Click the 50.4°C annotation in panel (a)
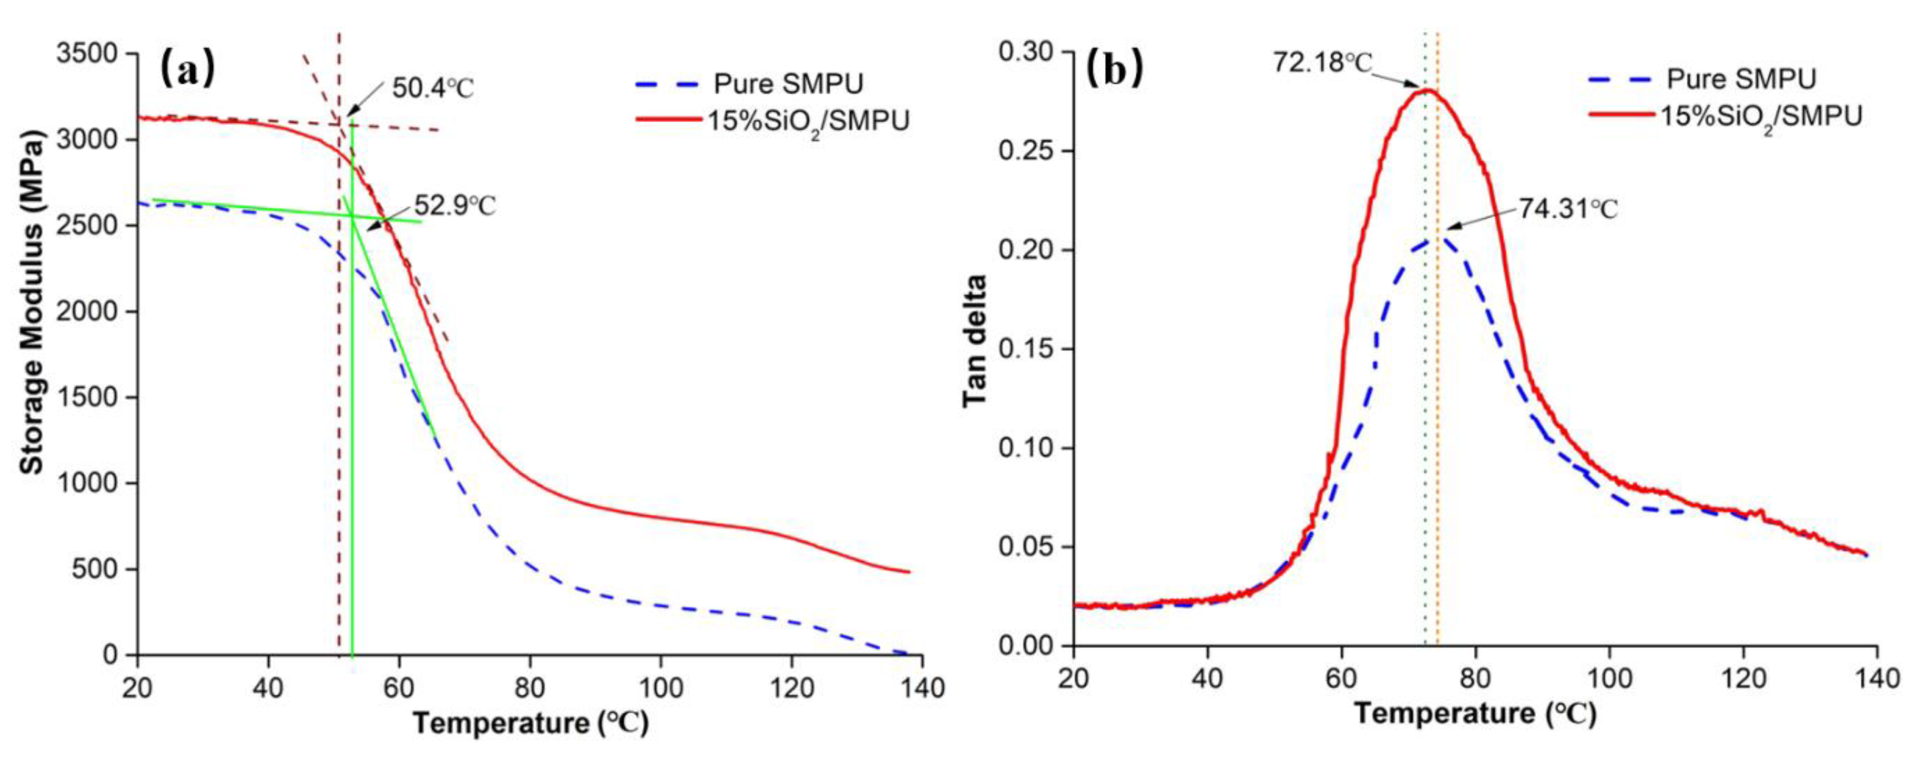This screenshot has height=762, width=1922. pos(433,88)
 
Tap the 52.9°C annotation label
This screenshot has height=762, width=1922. pos(454,205)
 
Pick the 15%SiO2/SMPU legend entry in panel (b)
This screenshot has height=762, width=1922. pos(1761,116)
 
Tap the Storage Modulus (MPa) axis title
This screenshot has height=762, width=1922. pos(31,302)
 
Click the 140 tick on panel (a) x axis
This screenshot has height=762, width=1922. pos(922,687)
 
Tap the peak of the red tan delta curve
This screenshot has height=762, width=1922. pos(1427,90)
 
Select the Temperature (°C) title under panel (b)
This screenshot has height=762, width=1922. pos(1475,713)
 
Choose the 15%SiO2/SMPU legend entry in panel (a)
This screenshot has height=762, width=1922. pos(808,121)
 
